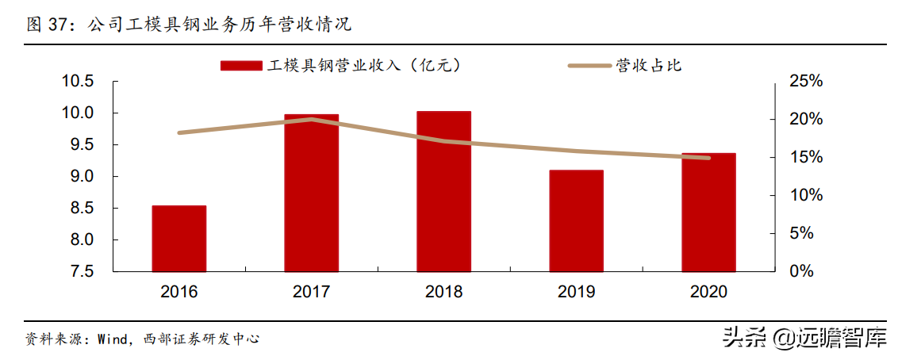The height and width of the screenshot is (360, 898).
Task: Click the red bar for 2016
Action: tap(179, 238)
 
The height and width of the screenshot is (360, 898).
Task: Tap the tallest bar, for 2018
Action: tap(443, 191)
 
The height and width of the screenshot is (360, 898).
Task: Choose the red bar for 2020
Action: tap(708, 212)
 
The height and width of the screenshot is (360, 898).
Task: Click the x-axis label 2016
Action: tap(179, 292)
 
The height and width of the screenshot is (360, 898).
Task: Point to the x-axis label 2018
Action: tap(443, 292)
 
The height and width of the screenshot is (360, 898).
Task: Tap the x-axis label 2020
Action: tap(708, 292)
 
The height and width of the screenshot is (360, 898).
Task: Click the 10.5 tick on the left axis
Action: tap(79, 82)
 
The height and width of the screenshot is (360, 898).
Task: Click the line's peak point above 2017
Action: tap(312, 119)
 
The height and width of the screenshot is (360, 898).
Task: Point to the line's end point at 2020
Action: tap(708, 158)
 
